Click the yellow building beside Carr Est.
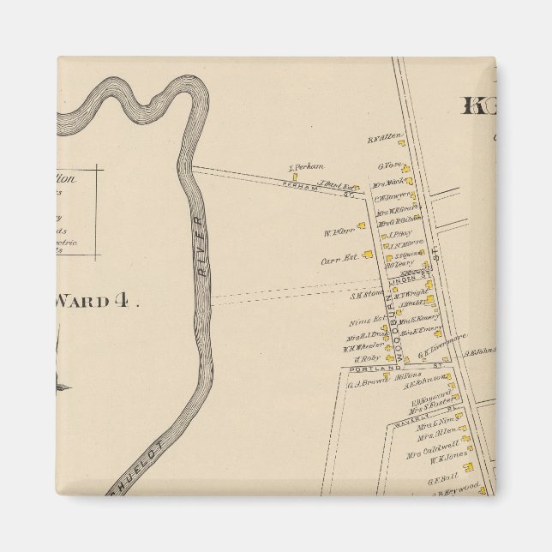tap(368, 254)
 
